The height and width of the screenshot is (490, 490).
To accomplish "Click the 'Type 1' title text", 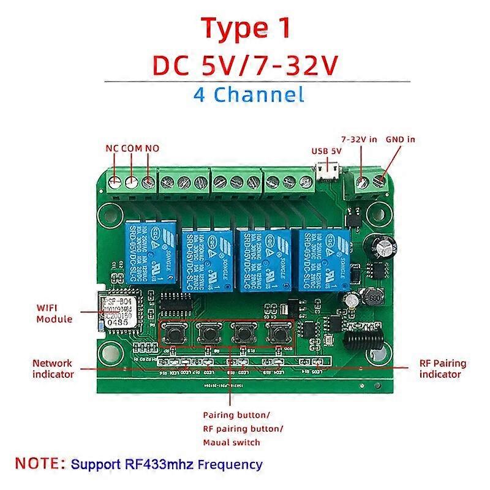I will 245,29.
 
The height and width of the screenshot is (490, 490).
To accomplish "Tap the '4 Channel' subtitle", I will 248,94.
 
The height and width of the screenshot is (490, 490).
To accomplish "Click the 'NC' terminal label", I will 112,148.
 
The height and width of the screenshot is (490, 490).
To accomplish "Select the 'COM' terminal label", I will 132,148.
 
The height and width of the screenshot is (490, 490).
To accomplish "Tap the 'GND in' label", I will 401,139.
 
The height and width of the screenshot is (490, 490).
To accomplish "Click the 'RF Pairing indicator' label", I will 442,368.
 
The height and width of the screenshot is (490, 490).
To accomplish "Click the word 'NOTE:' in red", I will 41,463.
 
